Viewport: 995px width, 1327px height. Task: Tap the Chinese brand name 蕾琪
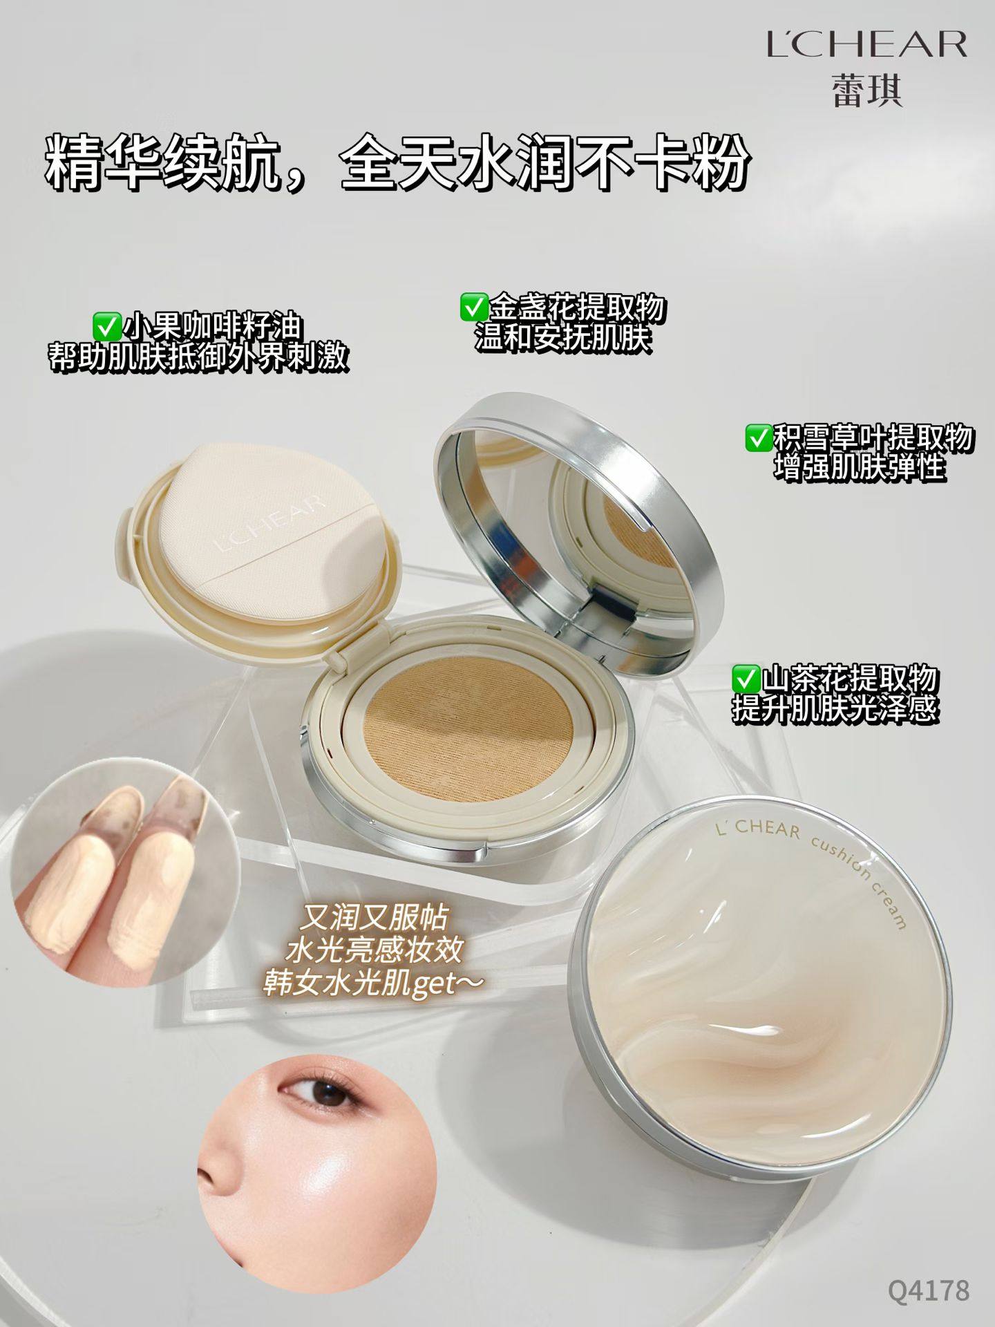[866, 91]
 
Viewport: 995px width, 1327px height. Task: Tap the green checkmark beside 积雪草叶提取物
[759, 437]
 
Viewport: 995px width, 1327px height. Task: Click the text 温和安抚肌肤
[563, 339]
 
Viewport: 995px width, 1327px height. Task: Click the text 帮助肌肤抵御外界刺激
[197, 358]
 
